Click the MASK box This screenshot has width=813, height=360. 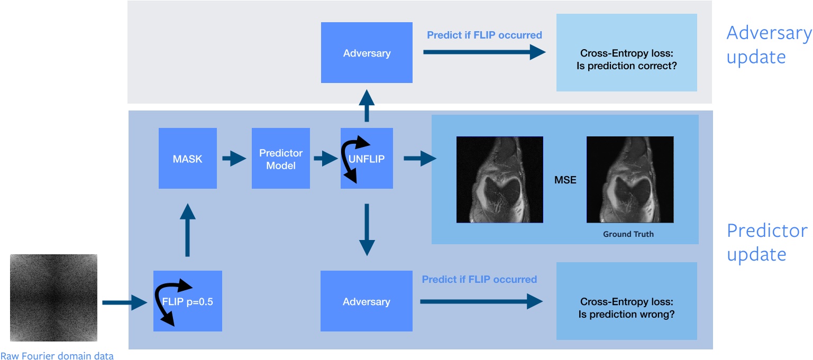pyautogui.click(x=187, y=158)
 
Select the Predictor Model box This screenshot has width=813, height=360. pyautogui.click(x=280, y=158)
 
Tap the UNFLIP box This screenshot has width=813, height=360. pyautogui.click(x=367, y=158)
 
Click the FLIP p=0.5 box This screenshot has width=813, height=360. pyautogui.click(x=187, y=301)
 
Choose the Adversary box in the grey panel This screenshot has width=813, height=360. pyautogui.click(x=367, y=53)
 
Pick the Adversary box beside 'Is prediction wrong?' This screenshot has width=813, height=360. pyautogui.click(x=366, y=301)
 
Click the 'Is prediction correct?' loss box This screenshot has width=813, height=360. pyautogui.click(x=626, y=52)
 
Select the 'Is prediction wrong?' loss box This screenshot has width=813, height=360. pyautogui.click(x=626, y=301)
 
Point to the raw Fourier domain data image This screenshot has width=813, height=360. pyautogui.click(x=53, y=298)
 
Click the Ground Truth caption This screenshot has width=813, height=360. pyautogui.click(x=628, y=234)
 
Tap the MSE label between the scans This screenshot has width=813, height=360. pyautogui.click(x=565, y=180)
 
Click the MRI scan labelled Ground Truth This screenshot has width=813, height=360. pyautogui.click(x=629, y=179)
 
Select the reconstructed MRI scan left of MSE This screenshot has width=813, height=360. pyautogui.click(x=499, y=179)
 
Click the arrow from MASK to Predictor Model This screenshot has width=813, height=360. pyautogui.click(x=234, y=158)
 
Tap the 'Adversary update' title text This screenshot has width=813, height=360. pyautogui.click(x=769, y=44)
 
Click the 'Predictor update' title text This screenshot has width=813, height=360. pyautogui.click(x=767, y=243)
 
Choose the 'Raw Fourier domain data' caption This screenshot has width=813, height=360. pyautogui.click(x=57, y=355)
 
